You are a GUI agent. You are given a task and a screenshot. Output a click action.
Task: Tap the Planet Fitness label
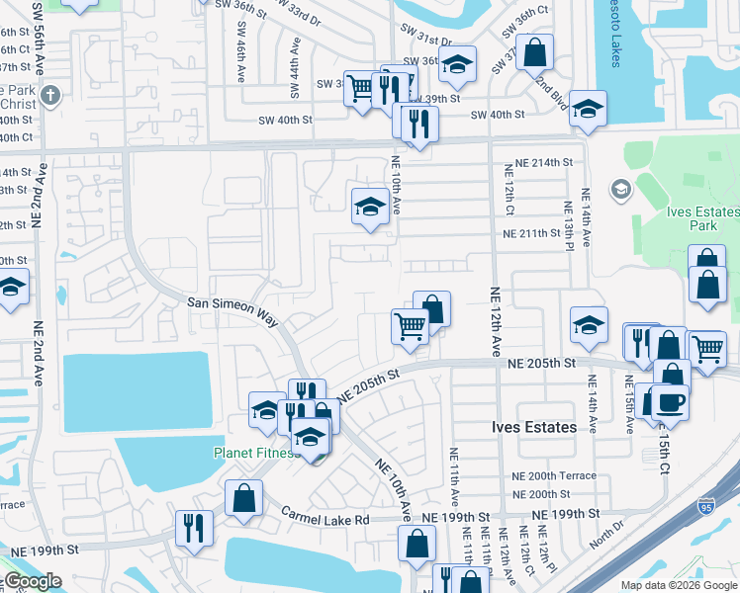coord(256,453)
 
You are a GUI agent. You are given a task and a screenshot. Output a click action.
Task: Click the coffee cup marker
coord(669,401)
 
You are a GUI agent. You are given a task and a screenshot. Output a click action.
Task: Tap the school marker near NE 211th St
coord(370,207)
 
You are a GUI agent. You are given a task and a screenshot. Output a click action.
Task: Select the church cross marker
coord(52,96)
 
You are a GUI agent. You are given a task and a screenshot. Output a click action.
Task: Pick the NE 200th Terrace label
coord(554,475)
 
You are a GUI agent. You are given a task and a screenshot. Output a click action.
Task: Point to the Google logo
coord(32,581)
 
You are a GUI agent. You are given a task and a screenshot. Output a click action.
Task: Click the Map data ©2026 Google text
coord(678,585)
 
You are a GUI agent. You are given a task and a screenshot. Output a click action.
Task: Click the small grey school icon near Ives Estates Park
coord(621,189)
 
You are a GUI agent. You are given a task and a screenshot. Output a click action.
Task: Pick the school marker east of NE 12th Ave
coord(588,325)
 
